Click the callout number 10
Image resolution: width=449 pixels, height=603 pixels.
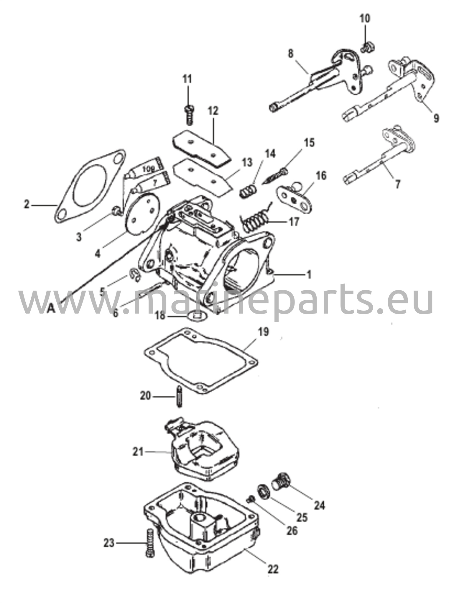point(365,19)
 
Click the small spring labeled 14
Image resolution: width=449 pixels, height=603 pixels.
point(246,191)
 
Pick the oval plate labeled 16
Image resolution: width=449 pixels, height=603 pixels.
point(294,198)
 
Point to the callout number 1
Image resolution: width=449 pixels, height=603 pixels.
point(309,275)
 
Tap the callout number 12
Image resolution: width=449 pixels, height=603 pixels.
point(213,111)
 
